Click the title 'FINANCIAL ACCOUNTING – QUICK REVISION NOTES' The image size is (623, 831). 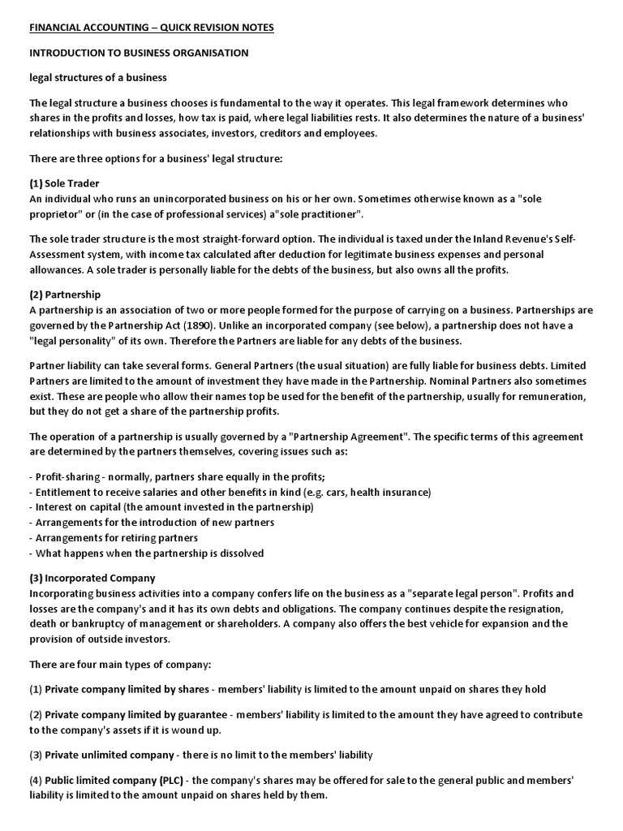click(152, 28)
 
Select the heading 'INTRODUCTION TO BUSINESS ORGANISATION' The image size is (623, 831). click(139, 54)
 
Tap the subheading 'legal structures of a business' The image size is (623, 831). click(99, 79)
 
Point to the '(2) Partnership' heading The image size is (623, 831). click(65, 295)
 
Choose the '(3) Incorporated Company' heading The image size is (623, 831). click(92, 579)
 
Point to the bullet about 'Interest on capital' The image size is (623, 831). click(171, 507)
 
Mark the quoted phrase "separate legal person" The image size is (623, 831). click(479, 594)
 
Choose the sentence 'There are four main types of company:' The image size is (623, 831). click(120, 665)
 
